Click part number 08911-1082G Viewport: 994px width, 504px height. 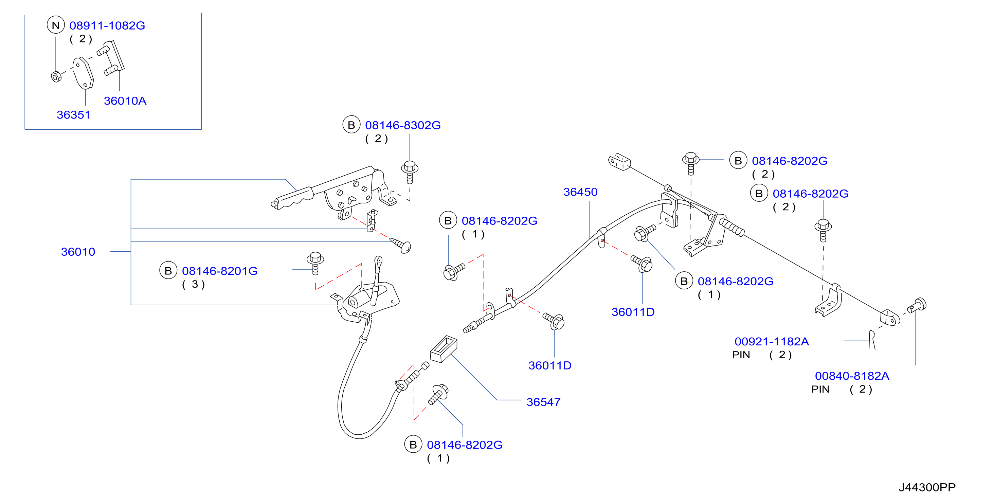(107, 25)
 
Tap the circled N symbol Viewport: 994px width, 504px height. (56, 25)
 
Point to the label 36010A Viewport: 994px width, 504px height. (125, 101)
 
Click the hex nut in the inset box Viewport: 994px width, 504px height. (56, 76)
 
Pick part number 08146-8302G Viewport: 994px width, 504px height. (402, 125)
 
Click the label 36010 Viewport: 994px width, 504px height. (78, 252)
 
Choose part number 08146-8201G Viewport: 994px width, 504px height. (220, 271)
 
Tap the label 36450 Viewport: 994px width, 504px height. (580, 192)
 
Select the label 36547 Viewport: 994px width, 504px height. (543, 402)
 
